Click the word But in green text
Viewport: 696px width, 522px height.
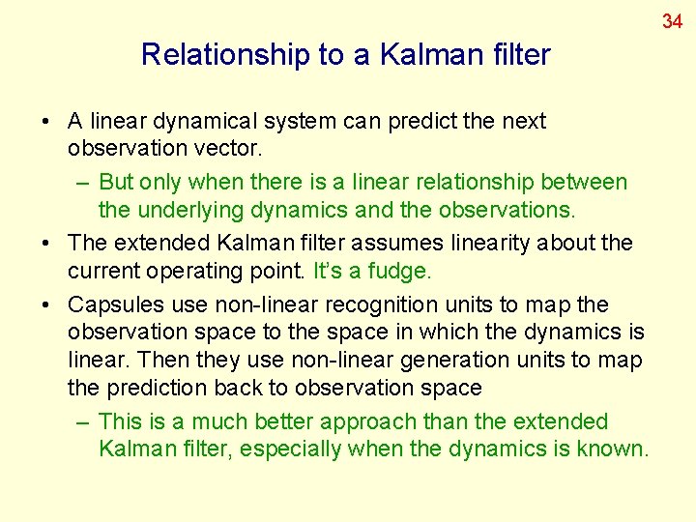(117, 182)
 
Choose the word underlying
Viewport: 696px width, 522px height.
(188, 209)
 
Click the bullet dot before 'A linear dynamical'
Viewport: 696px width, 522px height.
(46, 123)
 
